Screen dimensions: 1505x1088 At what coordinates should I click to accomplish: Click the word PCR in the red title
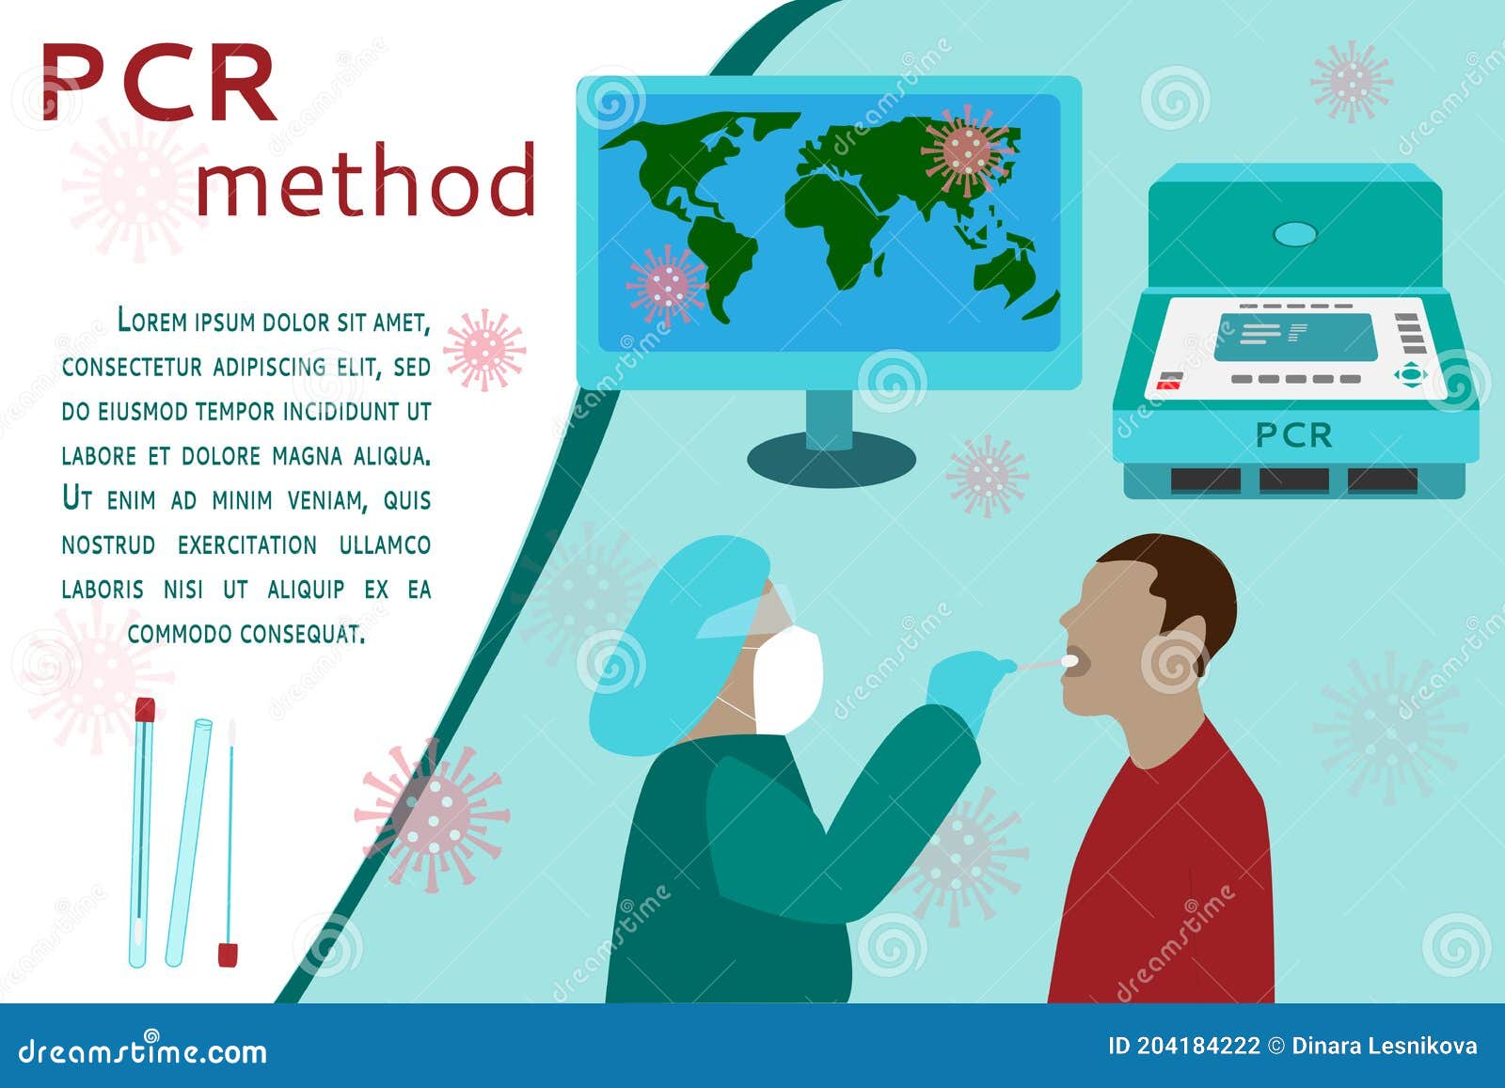[x=160, y=83]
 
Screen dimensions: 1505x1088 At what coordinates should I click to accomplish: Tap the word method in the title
[x=366, y=180]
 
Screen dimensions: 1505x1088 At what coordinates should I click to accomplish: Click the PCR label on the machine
[x=1293, y=435]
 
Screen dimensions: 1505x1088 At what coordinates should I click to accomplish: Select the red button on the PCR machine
[x=1168, y=385]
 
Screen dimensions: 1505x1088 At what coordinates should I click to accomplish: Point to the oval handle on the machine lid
[x=1294, y=234]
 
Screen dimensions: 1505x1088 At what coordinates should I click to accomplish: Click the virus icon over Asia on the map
[x=968, y=151]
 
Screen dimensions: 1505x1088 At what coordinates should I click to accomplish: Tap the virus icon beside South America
[x=667, y=286]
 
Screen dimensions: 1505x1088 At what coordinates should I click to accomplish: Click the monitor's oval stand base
[x=832, y=460]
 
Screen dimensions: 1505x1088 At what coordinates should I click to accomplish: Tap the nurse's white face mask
[x=787, y=678]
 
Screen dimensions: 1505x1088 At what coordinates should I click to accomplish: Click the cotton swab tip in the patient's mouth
[x=1069, y=661]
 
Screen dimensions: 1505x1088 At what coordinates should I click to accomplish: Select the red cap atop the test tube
[x=145, y=709]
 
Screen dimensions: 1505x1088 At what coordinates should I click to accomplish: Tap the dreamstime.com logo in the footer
[x=142, y=1050]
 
